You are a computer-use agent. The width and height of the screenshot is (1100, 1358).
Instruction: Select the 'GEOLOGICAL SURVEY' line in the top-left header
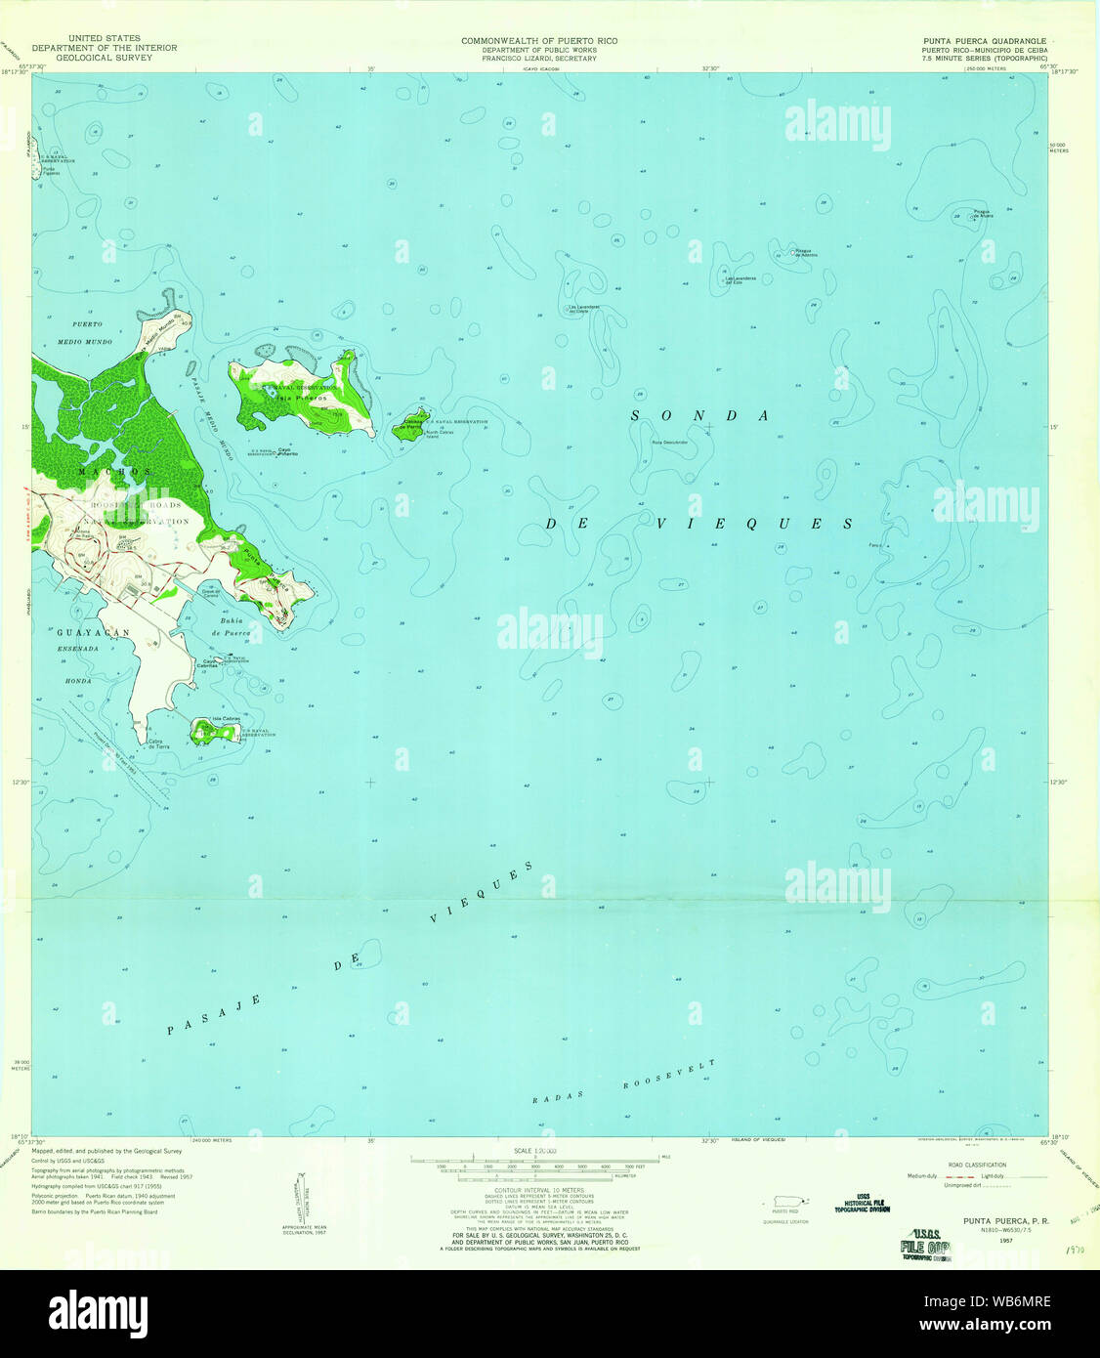[x=104, y=57]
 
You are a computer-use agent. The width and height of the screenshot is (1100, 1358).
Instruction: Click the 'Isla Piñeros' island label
[x=293, y=399]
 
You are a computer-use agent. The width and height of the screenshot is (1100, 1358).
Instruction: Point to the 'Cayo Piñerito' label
[x=287, y=452]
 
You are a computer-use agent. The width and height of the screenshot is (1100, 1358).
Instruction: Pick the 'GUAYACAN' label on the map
[x=93, y=633]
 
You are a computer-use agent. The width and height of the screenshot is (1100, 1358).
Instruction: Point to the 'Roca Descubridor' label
[x=670, y=443]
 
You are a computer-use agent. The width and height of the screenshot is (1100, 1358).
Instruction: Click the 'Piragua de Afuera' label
[x=982, y=214]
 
